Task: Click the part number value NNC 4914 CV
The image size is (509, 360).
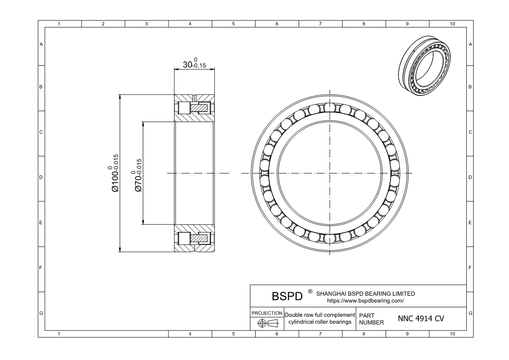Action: pos(421,319)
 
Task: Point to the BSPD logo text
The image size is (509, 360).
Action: pos(287,296)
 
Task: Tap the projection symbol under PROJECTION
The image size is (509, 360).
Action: pos(267,323)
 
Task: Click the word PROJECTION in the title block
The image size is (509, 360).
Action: pos(267,313)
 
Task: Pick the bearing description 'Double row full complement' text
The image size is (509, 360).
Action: pos(320,315)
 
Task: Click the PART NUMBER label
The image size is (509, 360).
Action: pos(371,319)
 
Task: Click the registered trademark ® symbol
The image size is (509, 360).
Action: pos(310,291)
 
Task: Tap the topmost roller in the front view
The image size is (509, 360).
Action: pos(329,108)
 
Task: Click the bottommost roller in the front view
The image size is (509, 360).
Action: pos(329,238)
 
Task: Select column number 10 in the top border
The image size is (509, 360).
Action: pos(452,24)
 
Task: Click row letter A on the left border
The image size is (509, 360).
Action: pos(41,44)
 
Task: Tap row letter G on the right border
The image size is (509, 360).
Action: pos(470,313)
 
